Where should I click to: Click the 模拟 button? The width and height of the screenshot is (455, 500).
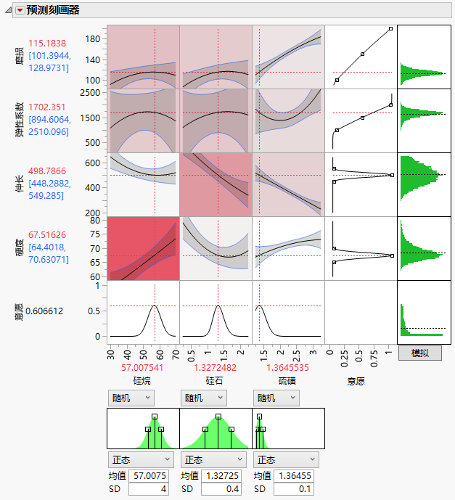point(419,353)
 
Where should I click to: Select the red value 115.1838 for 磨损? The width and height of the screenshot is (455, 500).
point(47,44)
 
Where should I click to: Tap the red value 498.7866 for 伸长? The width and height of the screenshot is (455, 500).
point(47,171)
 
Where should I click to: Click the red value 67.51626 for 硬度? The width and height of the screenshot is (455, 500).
point(47,234)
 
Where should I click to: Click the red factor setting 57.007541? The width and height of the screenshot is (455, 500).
point(142,368)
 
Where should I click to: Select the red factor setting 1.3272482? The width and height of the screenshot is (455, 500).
point(215,368)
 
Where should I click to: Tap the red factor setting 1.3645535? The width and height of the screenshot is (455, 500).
point(287,368)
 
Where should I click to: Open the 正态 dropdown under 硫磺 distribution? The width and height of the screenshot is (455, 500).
point(286,459)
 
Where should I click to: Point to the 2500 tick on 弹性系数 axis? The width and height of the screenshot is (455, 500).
point(91,93)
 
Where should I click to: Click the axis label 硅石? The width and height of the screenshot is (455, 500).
point(215,380)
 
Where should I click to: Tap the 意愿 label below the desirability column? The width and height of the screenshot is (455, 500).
point(360,380)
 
